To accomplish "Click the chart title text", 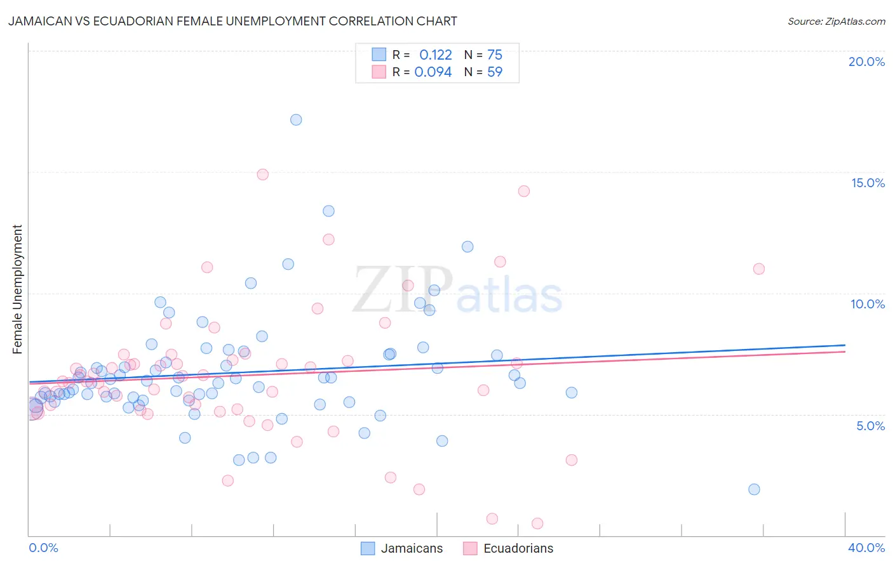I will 232,21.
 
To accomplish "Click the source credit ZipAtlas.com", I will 836,21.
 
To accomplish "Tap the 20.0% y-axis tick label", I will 866,62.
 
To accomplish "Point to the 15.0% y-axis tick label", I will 868,183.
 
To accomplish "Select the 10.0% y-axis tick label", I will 868,304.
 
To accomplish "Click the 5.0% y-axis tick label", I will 870,426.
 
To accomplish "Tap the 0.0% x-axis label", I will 43,548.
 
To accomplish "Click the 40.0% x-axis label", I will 866,548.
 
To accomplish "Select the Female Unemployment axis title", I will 17,289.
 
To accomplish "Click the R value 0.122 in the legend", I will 436,55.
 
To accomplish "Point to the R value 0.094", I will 433,72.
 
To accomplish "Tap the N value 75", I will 495,55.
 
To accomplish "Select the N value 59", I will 495,72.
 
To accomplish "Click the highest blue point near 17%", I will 296,120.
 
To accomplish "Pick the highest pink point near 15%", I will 263,174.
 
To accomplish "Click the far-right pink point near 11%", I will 758,269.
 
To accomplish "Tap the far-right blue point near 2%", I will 754,489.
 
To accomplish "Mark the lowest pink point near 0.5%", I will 537,523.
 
